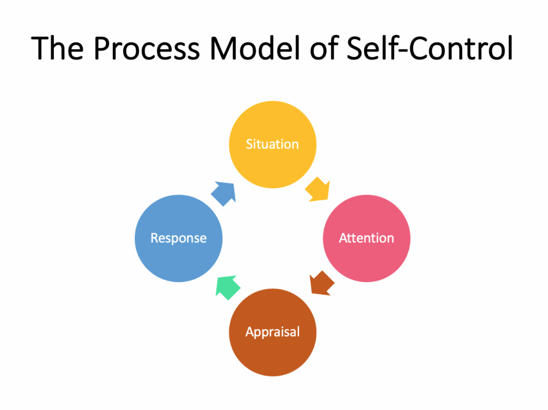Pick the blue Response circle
(x=179, y=253)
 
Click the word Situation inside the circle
(x=272, y=144)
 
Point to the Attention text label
(x=366, y=238)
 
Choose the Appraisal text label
(x=272, y=332)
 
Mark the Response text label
(x=179, y=238)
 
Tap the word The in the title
(x=58, y=48)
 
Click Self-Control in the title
(x=429, y=48)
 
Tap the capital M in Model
(x=221, y=48)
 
